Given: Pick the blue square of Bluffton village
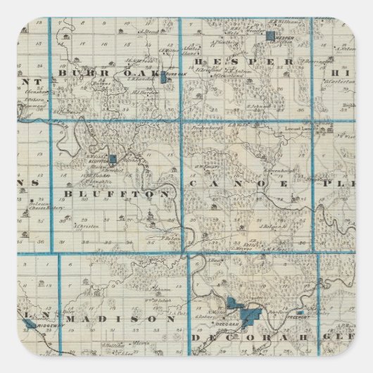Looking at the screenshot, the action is (x=113, y=160).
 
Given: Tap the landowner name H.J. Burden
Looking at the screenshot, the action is (x=145, y=92).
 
